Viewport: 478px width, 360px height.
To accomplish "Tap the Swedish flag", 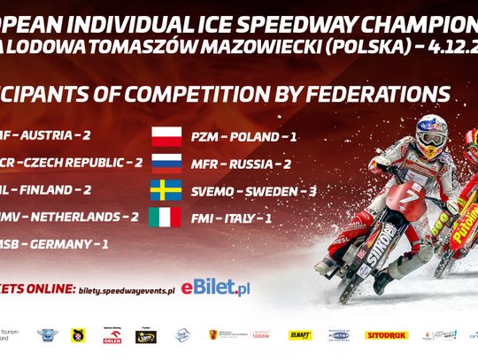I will coord(166,190).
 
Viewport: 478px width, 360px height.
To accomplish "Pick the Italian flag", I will coord(166,217).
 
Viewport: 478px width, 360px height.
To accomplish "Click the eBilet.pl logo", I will coord(215,288).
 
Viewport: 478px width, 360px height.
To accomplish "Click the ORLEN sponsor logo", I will coord(112,336).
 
